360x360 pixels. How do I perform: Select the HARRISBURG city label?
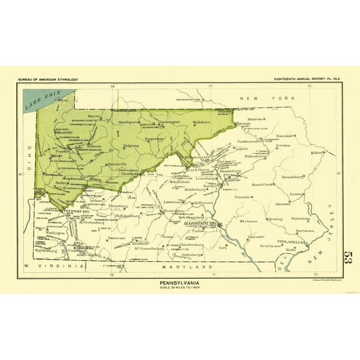199,223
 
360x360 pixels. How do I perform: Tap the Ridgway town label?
132,145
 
